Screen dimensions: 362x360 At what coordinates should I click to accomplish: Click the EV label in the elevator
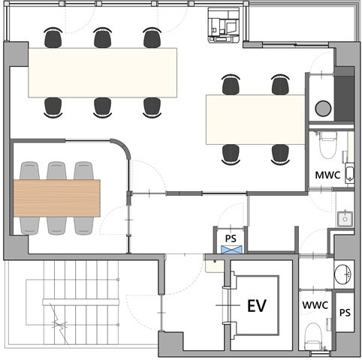257,305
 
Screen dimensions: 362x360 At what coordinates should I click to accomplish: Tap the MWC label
327,175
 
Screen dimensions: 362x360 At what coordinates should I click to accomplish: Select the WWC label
315,305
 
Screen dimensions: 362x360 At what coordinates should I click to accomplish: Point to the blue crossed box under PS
231,250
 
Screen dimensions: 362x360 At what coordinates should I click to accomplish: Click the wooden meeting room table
57,198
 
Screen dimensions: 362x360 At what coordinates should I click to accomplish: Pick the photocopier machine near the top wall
224,25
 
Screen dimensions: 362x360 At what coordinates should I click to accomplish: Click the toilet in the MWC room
328,145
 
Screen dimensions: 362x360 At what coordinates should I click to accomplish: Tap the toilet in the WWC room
313,336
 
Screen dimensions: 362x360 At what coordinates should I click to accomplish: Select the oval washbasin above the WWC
342,274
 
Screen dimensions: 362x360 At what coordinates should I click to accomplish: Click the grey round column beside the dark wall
323,109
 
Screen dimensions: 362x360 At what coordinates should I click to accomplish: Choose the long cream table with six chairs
103,73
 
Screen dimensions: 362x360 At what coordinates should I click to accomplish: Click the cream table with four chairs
255,119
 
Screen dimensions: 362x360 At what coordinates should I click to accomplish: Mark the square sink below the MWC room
345,219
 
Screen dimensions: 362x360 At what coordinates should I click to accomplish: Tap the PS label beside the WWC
345,313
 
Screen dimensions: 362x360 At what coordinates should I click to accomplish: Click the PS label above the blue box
231,238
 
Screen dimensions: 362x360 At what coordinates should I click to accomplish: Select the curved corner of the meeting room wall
122,147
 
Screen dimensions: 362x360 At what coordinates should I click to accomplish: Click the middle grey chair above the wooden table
56,170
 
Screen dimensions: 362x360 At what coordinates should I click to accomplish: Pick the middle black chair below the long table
103,107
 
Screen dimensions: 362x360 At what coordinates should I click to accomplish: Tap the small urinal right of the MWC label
349,173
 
